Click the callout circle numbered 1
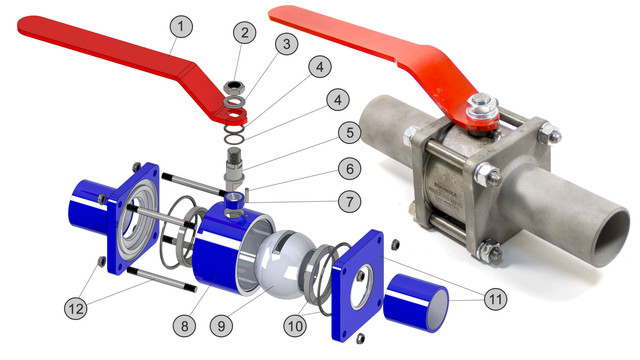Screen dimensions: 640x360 click(181, 27)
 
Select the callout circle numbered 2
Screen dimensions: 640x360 click(244, 32)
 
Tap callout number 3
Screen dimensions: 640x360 click(287, 44)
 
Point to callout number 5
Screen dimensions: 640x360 click(350, 133)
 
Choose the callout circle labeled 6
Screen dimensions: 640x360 click(350, 169)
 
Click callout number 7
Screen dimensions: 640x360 click(349, 201)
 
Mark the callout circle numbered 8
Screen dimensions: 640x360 click(184, 326)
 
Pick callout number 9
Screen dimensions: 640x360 click(222, 326)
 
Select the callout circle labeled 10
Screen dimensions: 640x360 click(295, 326)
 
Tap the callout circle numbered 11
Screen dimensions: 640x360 click(496, 300)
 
